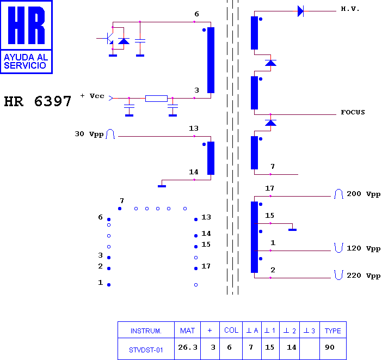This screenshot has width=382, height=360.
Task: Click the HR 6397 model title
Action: click(38, 101)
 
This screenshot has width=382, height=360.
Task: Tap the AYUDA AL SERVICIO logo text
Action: click(26, 61)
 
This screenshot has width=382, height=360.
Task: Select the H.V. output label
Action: click(350, 9)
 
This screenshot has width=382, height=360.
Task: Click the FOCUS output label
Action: click(353, 112)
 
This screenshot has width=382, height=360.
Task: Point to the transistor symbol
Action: click(109, 38)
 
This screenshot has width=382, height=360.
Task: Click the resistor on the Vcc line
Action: click(156, 98)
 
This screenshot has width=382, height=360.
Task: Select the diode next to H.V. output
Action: click(300, 11)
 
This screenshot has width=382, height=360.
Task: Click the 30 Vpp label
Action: click(89, 134)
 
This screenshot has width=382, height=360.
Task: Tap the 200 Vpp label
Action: click(363, 194)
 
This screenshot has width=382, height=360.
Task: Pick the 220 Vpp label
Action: click(363, 276)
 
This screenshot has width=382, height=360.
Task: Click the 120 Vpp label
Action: click(363, 248)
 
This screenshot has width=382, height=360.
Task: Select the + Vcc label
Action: click(93, 96)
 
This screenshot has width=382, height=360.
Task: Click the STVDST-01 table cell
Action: click(146, 350)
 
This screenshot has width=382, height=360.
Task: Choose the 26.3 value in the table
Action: click(188, 347)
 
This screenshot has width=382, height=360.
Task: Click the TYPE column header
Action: click(333, 331)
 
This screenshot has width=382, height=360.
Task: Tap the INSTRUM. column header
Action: click(146, 331)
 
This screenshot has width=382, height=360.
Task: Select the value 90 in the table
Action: click(330, 347)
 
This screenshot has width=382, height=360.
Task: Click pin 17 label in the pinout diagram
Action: click(206, 266)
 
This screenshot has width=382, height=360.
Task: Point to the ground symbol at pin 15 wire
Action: click(292, 229)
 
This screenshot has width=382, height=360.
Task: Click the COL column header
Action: click(231, 330)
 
